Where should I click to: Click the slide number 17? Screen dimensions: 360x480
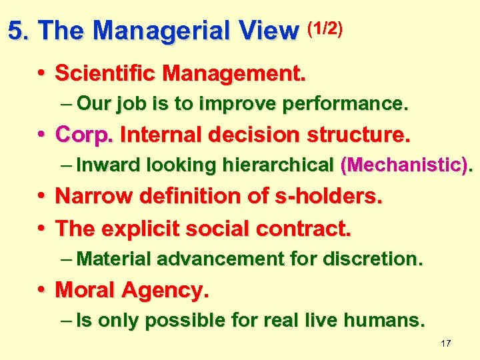click(446, 343)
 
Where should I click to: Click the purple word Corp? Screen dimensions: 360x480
click(85, 135)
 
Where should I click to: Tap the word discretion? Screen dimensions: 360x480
click(375, 259)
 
